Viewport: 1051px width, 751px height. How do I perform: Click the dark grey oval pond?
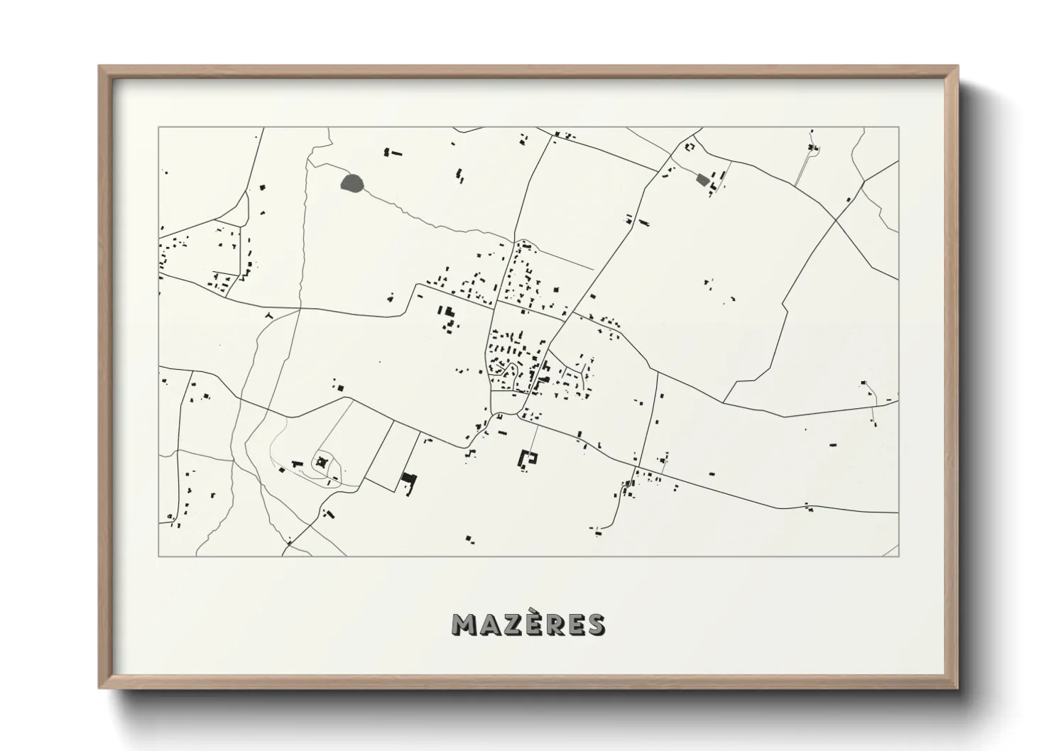point(353,184)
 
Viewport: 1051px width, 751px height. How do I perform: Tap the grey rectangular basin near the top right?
point(702,180)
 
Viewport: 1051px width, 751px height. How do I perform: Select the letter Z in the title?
point(510,624)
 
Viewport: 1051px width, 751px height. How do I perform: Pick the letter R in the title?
point(552,624)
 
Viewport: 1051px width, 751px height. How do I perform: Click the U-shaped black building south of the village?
point(528,459)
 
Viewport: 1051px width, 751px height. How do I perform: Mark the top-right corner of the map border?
point(898,128)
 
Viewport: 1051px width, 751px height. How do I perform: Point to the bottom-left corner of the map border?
point(158,556)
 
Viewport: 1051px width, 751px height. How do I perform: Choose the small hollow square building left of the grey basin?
point(688,147)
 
